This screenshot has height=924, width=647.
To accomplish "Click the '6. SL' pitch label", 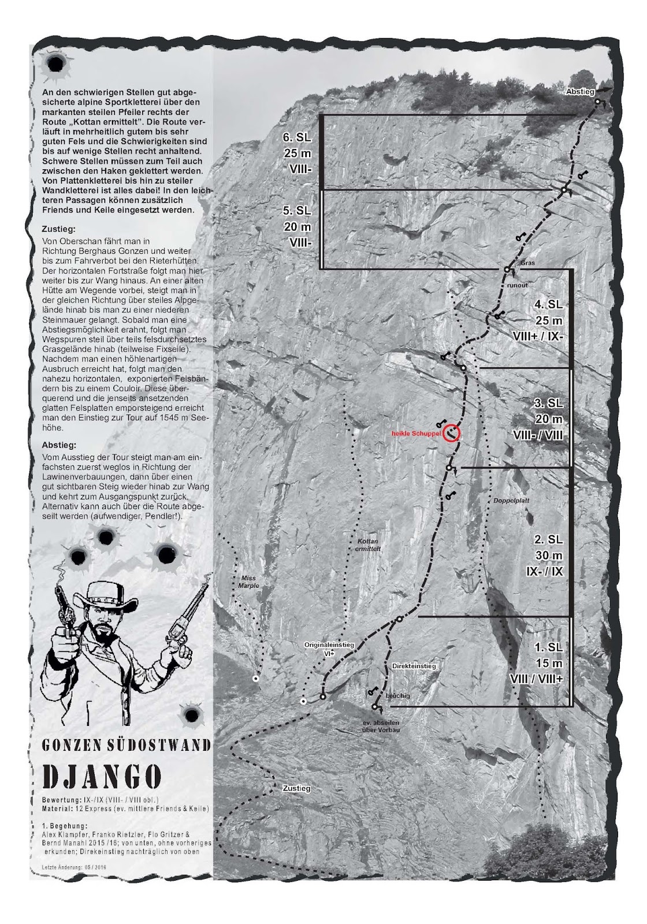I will [296, 137].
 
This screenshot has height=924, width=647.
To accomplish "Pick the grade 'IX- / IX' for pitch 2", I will [548, 572].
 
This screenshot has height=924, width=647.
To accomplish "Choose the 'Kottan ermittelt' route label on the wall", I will [367, 545].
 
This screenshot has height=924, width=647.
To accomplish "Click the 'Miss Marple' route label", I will [247, 582].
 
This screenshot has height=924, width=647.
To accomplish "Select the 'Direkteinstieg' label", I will [414, 666].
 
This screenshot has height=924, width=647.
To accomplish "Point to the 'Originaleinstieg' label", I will [325, 644].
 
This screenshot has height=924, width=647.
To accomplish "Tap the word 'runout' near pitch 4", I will [518, 285].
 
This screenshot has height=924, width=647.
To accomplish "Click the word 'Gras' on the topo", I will [527, 263].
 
